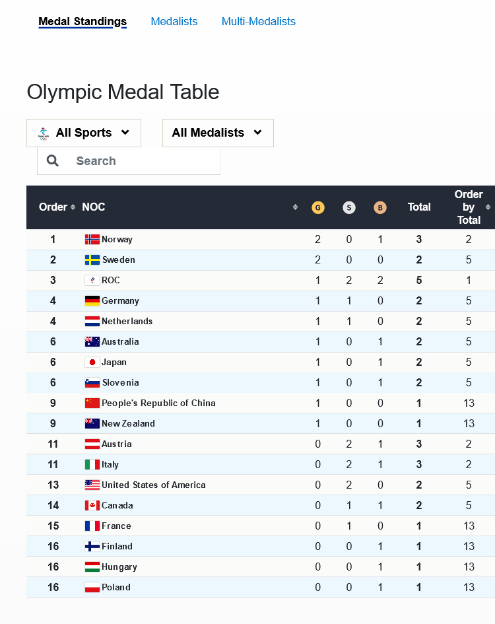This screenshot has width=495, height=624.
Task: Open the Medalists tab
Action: [x=174, y=22]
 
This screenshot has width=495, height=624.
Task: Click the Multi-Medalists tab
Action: [x=258, y=22]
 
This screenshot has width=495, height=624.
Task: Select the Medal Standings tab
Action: [x=82, y=22]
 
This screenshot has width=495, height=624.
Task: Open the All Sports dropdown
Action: [x=84, y=133]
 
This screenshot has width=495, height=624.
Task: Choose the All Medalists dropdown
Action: [x=218, y=133]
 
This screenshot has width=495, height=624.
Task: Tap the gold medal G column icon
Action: [x=318, y=207]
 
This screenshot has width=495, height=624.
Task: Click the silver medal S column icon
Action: [x=349, y=207]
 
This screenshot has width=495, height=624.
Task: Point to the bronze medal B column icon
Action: [x=379, y=207]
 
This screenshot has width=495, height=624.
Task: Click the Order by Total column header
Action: [x=469, y=207]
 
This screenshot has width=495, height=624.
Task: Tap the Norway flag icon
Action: [x=92, y=240]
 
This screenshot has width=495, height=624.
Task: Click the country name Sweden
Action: [x=119, y=260]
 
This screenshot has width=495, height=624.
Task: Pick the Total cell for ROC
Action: [x=419, y=281]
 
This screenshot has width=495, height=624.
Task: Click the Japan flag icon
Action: [x=92, y=363]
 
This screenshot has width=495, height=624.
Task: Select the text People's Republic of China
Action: [x=158, y=403]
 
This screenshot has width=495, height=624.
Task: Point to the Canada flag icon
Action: [x=92, y=506]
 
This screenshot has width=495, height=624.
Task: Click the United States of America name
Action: [x=153, y=485]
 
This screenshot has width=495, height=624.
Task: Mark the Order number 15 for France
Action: [x=53, y=526]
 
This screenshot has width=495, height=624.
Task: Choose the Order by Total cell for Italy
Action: [x=469, y=465]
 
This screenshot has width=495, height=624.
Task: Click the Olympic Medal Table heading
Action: [x=123, y=92]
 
